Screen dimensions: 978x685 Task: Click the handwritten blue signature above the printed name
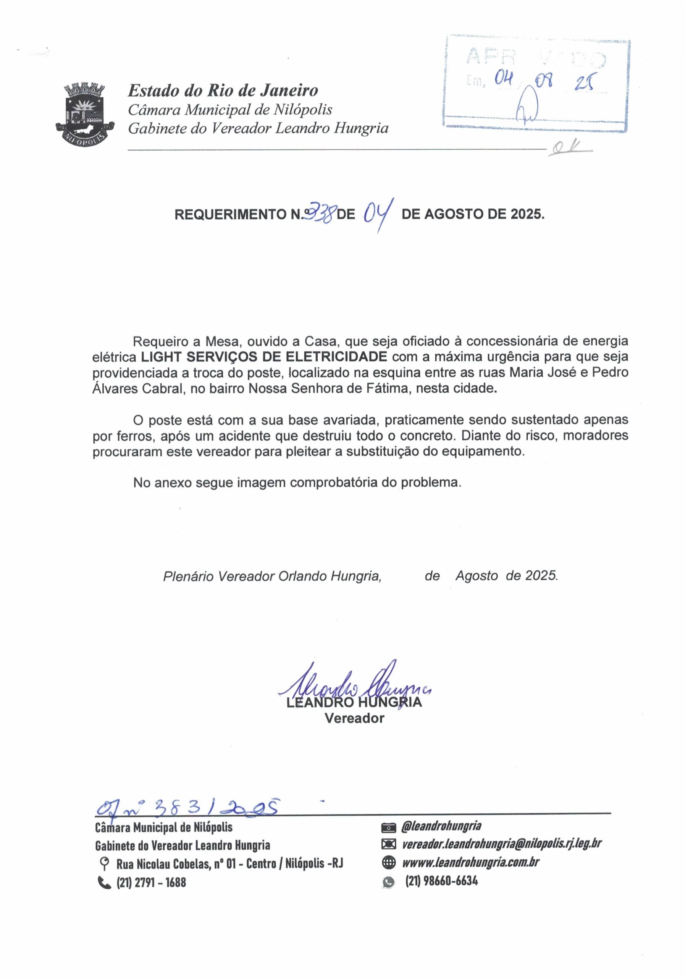353,686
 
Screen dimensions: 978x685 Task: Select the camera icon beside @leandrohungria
389,827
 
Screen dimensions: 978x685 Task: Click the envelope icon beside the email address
389,844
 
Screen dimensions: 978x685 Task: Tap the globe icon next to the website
389,863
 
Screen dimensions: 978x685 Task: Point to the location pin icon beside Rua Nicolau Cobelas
103,864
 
